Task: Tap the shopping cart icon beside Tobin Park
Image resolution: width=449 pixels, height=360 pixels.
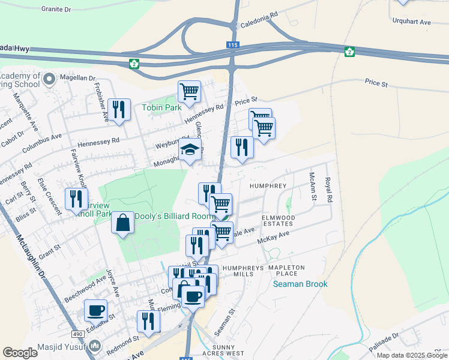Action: pyautogui.click(x=189, y=92)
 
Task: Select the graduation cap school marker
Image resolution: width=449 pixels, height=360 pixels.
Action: pyautogui.click(x=190, y=150)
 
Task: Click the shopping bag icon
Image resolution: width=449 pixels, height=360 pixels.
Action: pyautogui.click(x=123, y=223)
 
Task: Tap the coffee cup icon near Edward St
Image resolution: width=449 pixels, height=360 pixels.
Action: pyautogui.click(x=95, y=311)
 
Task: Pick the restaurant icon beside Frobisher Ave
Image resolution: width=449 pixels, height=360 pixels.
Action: pyautogui.click(x=119, y=110)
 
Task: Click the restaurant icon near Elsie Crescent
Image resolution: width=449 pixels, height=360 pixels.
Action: pyautogui.click(x=76, y=199)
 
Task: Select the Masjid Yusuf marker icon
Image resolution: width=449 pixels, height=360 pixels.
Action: pyautogui.click(x=95, y=346)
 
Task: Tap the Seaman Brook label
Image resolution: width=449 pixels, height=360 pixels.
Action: pyautogui.click(x=300, y=284)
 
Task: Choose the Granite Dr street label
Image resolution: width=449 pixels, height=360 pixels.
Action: pyautogui.click(x=56, y=10)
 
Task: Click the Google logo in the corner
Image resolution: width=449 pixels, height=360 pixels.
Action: pyautogui.click(x=20, y=353)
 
